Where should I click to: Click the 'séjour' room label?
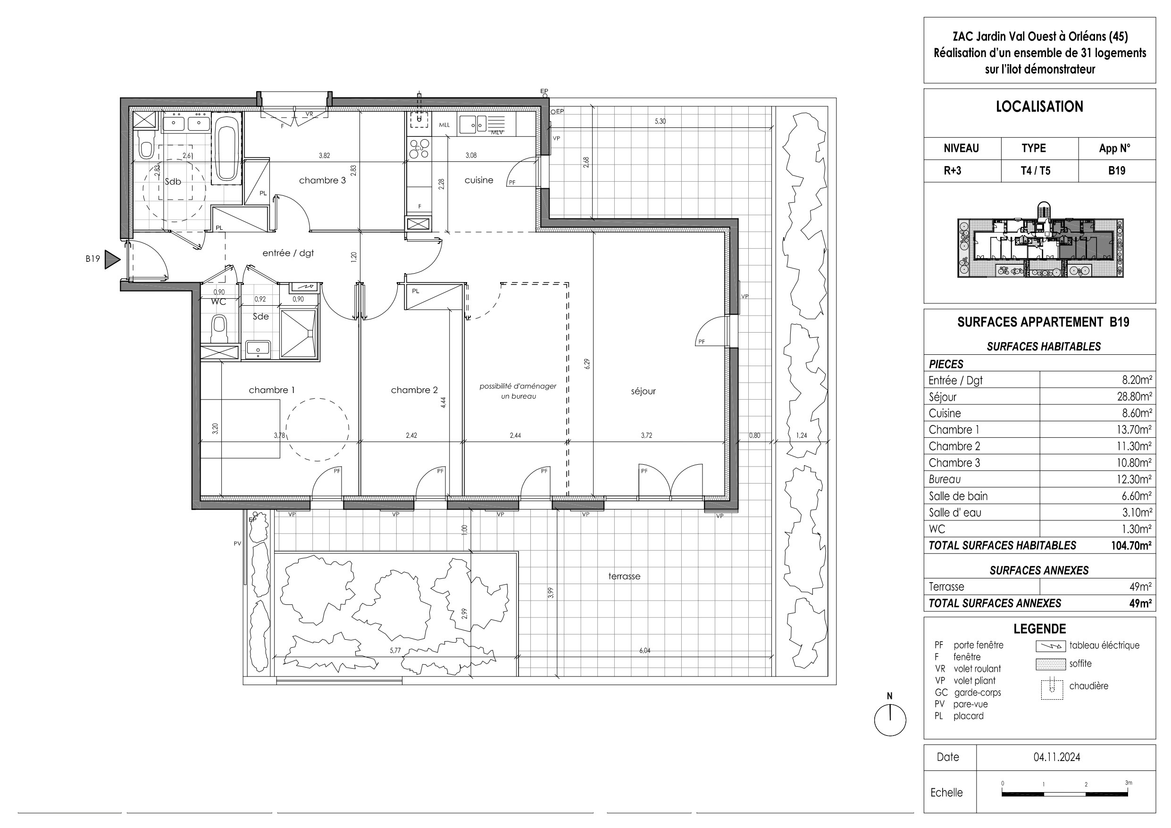(x=643, y=391)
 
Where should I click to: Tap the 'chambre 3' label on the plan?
(x=322, y=180)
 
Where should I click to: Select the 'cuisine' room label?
(x=479, y=180)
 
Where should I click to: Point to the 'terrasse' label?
(x=624, y=577)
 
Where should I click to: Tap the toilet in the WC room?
(x=219, y=328)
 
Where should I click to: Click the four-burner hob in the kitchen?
(x=419, y=148)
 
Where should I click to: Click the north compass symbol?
(x=890, y=720)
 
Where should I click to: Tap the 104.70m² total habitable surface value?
(x=1131, y=546)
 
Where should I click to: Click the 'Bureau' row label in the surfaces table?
(x=945, y=479)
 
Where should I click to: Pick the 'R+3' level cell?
(x=952, y=171)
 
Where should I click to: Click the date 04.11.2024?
(x=1057, y=757)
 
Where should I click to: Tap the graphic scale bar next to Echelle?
(x=1065, y=795)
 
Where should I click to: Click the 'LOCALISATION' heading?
(x=1039, y=107)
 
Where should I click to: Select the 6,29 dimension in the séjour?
(x=587, y=364)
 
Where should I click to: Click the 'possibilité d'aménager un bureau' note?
(x=518, y=391)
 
